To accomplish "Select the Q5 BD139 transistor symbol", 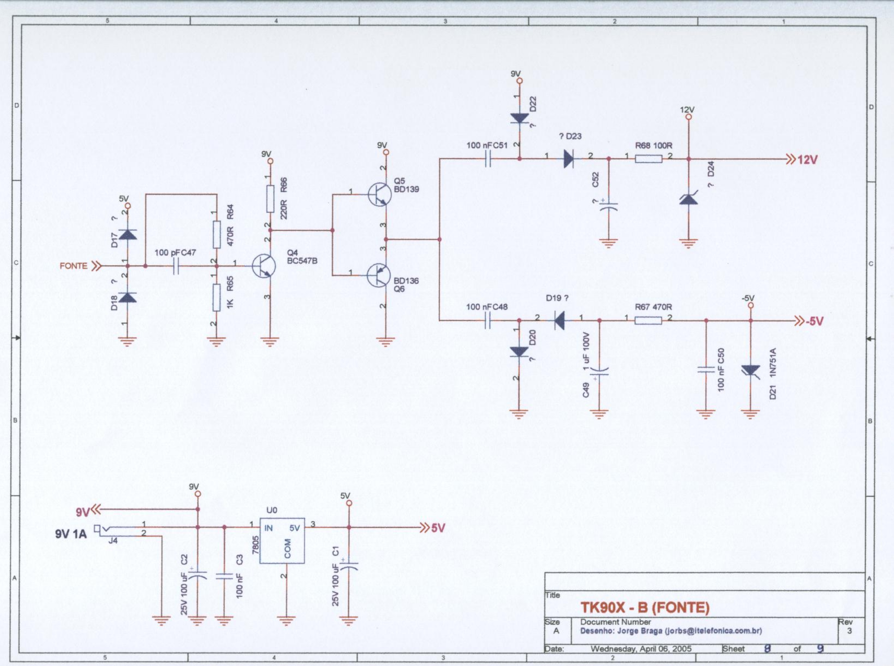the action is [x=380, y=195].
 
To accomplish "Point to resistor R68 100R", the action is [x=649, y=159].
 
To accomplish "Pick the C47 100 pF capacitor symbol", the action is [x=176, y=266].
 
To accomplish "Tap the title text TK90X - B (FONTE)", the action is [x=644, y=608].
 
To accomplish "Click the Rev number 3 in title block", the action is [x=849, y=631].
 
